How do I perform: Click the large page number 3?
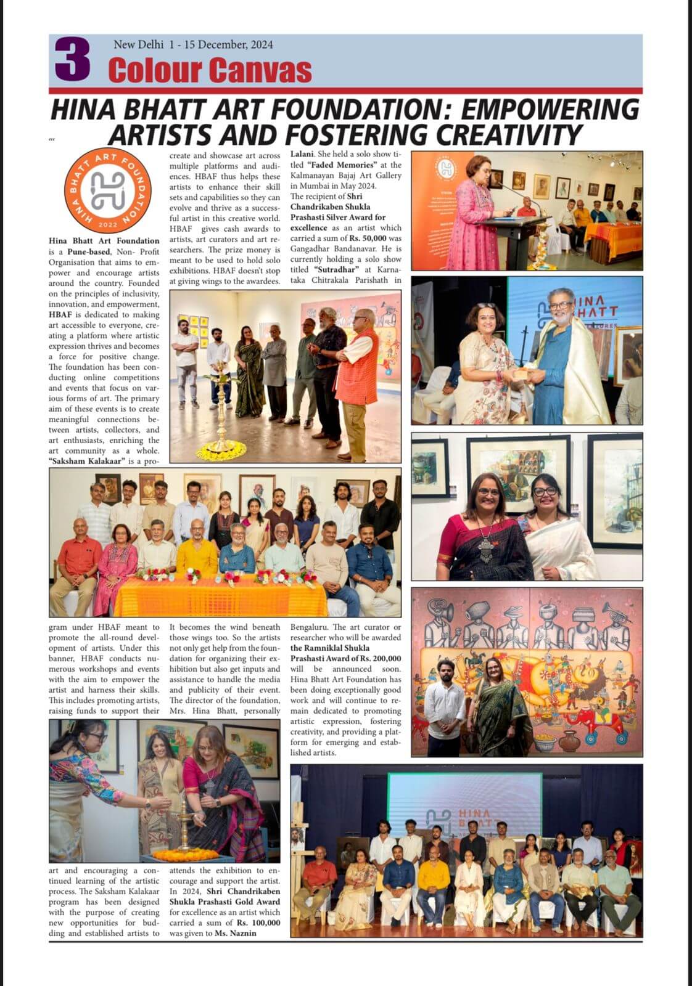click(x=73, y=60)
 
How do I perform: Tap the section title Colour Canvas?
click(x=210, y=70)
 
